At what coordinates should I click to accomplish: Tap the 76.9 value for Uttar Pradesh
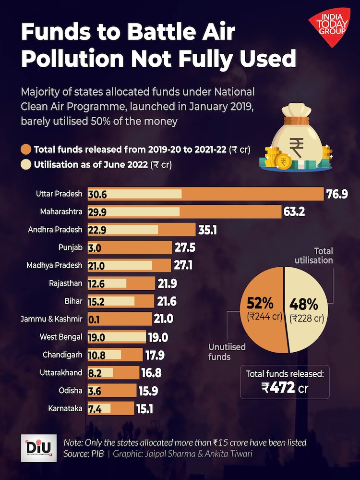tap(336, 194)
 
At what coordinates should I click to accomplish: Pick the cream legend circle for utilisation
tap(26, 165)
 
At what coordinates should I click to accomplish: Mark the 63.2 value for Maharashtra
tap(294, 212)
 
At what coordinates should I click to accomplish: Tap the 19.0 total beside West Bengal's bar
tap(158, 337)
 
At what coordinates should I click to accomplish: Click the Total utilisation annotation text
tap(316, 256)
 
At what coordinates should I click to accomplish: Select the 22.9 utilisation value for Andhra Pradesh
tap(96, 230)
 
